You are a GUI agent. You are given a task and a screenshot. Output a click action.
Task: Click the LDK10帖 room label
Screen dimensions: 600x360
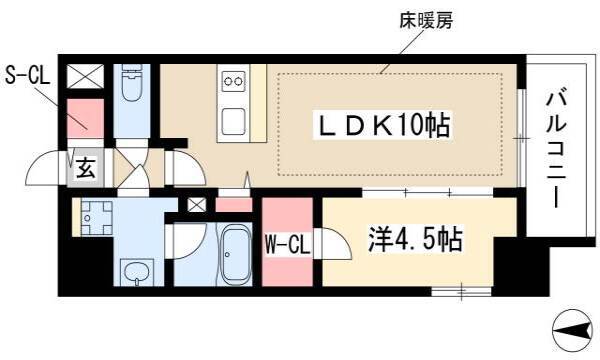[x=383, y=125]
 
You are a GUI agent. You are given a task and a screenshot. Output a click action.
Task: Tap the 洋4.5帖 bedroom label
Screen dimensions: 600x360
[x=416, y=239]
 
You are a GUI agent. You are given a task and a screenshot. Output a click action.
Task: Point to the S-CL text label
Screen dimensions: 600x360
[x=27, y=76]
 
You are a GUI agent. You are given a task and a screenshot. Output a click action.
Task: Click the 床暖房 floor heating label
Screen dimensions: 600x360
[x=426, y=21]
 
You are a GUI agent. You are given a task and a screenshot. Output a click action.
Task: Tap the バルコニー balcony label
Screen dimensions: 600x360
[x=556, y=150]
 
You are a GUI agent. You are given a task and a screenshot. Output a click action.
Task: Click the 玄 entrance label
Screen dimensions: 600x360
[x=85, y=168]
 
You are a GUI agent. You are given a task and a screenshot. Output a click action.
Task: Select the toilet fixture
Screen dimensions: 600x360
[x=132, y=83]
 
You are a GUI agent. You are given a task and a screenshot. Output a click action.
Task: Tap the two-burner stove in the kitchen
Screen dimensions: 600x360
[x=233, y=81]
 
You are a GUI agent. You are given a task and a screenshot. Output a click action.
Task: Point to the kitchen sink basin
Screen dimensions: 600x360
[x=233, y=121]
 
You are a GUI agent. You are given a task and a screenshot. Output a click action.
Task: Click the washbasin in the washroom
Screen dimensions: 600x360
[x=137, y=272]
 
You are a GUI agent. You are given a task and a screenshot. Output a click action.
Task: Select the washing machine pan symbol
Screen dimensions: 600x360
[x=96, y=218]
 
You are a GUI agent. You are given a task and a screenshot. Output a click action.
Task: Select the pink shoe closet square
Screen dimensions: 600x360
[x=85, y=119]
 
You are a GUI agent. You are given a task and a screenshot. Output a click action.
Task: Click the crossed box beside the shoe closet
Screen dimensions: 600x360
[x=85, y=77]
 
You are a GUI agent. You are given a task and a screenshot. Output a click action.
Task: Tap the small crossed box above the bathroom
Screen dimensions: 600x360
[x=197, y=205]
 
